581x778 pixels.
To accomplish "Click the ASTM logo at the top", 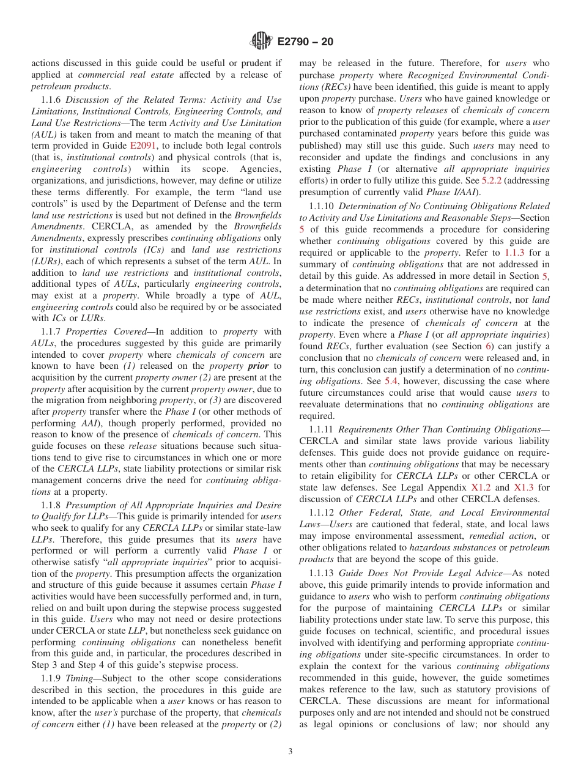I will (x=261, y=42).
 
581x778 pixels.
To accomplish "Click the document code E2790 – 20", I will (x=305, y=42).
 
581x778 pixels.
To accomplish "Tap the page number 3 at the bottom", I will (x=290, y=752).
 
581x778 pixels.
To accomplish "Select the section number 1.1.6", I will (x=51, y=100).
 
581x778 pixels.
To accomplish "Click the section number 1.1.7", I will (x=51, y=332).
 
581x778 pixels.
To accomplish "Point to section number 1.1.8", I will (x=51, y=505).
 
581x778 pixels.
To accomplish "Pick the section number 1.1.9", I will (x=51, y=678).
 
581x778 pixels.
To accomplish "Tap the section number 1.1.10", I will (x=322, y=206).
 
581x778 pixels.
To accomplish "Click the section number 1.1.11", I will (x=322, y=430).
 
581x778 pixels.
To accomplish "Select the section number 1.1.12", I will (x=322, y=513).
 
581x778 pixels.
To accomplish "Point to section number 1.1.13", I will (x=322, y=573).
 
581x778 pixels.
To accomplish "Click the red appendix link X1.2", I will (x=481, y=487).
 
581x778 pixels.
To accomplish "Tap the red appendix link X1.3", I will (x=524, y=487).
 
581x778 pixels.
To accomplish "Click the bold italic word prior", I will (x=257, y=366).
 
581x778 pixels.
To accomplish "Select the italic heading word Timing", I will (x=79, y=678).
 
